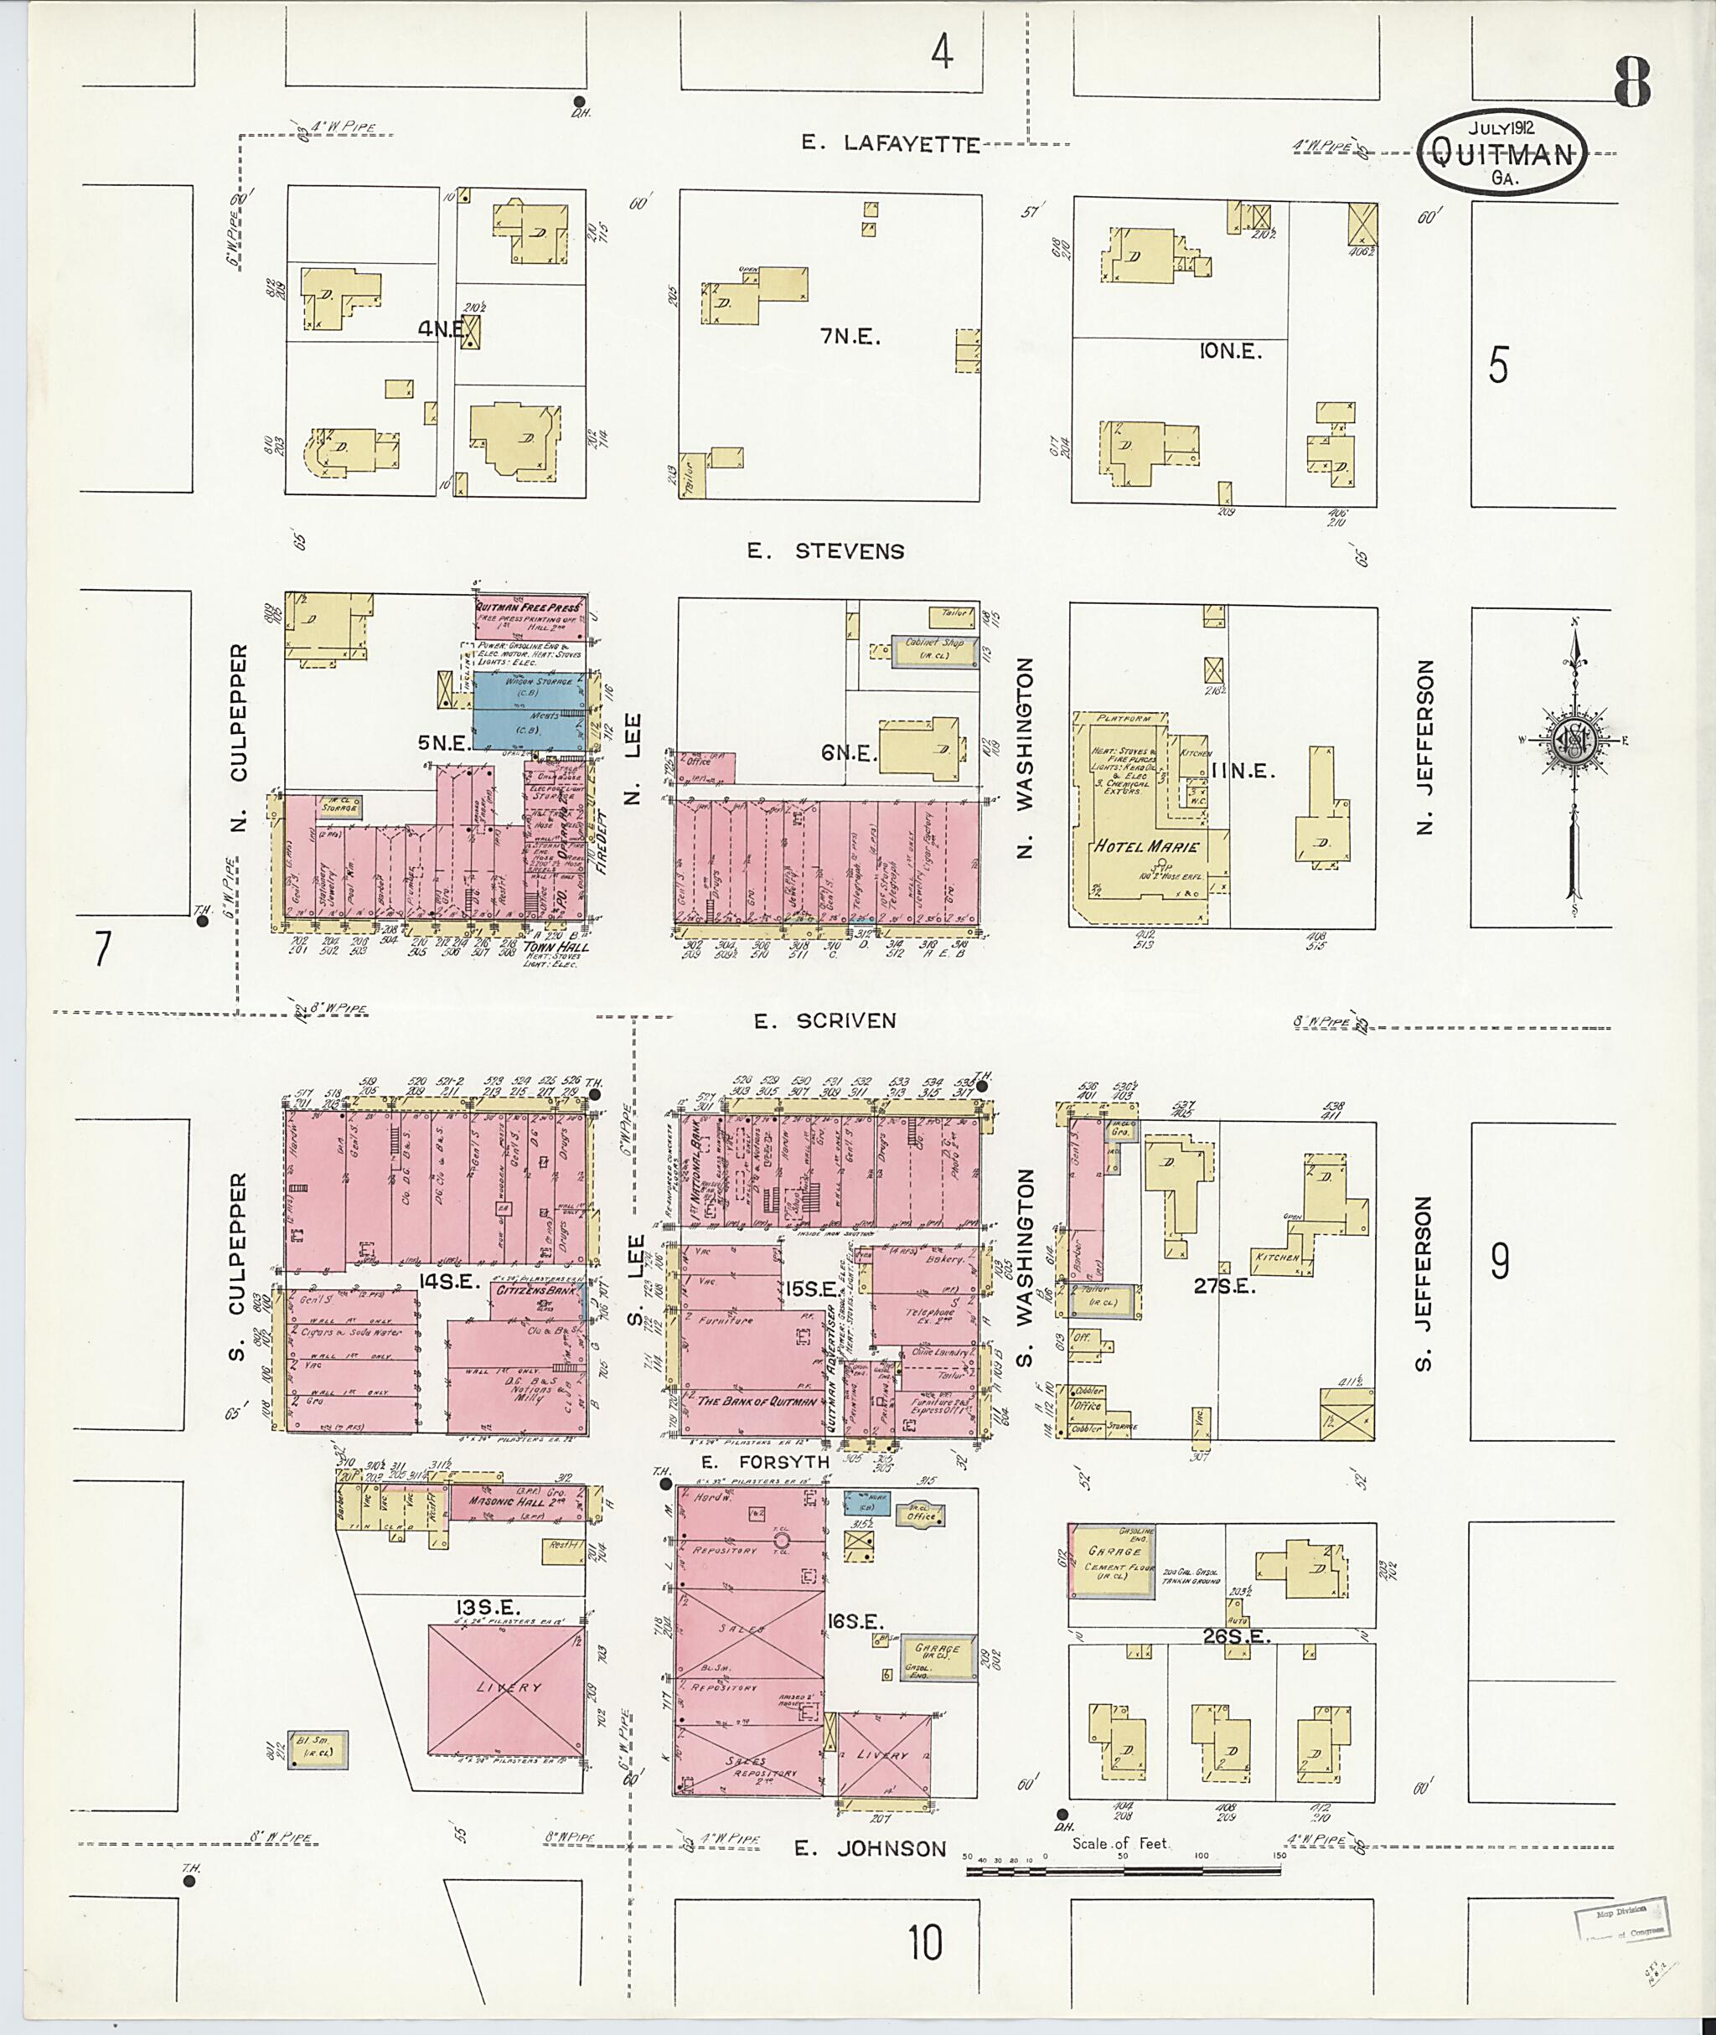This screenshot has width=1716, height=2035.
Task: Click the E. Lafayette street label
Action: click(x=889, y=144)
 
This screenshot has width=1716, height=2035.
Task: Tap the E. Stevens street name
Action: click(x=825, y=550)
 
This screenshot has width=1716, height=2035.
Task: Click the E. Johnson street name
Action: click(x=870, y=1848)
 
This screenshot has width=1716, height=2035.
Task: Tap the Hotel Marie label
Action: click(x=1147, y=845)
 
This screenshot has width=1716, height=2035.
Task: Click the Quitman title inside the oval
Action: click(x=1501, y=152)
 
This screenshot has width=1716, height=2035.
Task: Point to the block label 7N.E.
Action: click(x=850, y=337)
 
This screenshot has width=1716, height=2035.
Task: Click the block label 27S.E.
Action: click(x=1225, y=1286)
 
